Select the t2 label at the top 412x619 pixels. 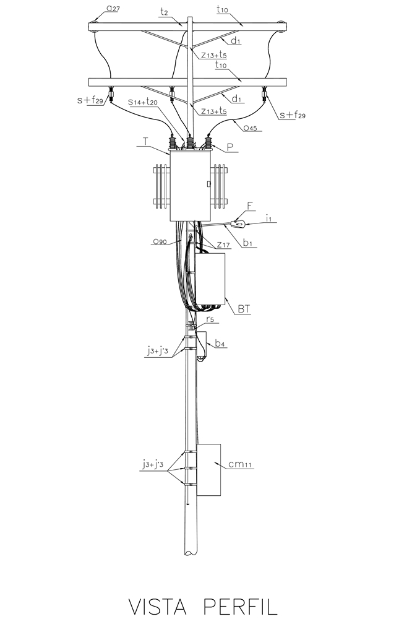coord(164,12)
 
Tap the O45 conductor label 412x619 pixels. coord(250,128)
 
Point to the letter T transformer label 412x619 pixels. coord(146,141)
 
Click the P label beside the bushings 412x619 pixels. coord(230,148)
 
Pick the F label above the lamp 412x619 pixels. coord(250,206)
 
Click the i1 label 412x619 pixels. coord(268,218)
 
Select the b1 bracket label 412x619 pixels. coord(247,243)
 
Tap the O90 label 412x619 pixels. coord(160,241)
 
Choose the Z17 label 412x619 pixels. coord(223,245)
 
